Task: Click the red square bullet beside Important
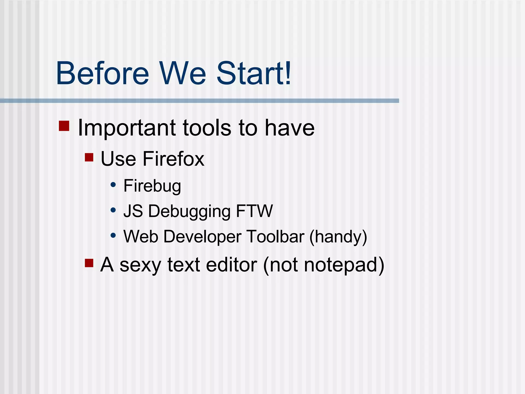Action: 64,126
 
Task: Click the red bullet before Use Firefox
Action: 89,157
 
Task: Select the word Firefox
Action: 173,159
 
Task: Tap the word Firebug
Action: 152,186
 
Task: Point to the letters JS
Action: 133,211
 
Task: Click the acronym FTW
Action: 254,211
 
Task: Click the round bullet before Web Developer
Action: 113,235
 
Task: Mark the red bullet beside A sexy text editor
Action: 89,263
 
